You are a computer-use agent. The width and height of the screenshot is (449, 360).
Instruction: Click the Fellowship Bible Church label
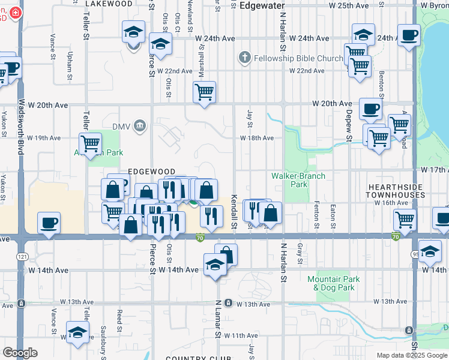(x=298, y=58)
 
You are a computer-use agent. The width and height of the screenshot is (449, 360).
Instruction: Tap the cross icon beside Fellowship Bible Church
(x=244, y=58)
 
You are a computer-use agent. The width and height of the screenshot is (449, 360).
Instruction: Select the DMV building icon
(x=139, y=126)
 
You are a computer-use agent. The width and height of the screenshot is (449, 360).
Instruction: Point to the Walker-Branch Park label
(x=298, y=180)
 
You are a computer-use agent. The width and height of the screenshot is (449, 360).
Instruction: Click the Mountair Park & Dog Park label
(x=333, y=283)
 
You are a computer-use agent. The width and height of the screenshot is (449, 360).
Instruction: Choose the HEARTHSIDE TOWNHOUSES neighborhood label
(x=404, y=191)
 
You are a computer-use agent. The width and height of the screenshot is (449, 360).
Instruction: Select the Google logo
(x=20, y=353)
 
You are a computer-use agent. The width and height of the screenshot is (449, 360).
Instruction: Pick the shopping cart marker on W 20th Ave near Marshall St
(x=204, y=92)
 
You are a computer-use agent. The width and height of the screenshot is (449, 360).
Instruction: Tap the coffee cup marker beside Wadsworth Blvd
(x=49, y=223)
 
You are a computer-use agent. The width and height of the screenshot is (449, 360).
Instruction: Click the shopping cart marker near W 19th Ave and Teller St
(x=90, y=144)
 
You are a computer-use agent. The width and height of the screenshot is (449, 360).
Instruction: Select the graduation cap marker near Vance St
(x=77, y=332)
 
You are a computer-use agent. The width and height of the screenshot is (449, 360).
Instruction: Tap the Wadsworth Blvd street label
(x=21, y=127)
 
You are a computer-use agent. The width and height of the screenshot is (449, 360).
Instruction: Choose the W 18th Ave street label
(x=257, y=138)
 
